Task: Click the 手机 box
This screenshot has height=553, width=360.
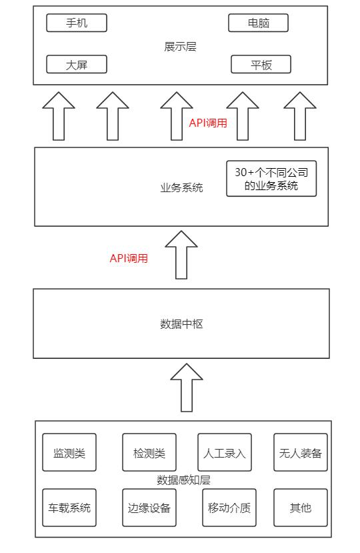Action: (77, 23)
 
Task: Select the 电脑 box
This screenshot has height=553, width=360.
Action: (258, 23)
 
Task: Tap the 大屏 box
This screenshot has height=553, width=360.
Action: (77, 65)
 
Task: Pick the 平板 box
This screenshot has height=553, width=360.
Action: (261, 65)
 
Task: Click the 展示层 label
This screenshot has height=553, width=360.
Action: (180, 47)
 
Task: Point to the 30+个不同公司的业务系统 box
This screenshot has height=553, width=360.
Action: (271, 179)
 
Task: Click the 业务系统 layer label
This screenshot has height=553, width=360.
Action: (181, 188)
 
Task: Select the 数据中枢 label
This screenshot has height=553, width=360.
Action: (181, 325)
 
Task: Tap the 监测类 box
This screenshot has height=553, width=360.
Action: (69, 453)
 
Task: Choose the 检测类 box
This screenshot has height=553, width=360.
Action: (149, 453)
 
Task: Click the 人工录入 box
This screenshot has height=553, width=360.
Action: (225, 453)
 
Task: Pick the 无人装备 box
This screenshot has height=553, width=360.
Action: (301, 453)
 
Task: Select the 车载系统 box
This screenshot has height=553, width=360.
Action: (69, 508)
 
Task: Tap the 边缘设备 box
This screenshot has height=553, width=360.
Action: (149, 508)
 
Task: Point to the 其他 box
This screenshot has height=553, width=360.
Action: (301, 508)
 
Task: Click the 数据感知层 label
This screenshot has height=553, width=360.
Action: (183, 480)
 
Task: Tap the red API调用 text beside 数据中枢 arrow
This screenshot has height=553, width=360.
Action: (129, 259)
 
